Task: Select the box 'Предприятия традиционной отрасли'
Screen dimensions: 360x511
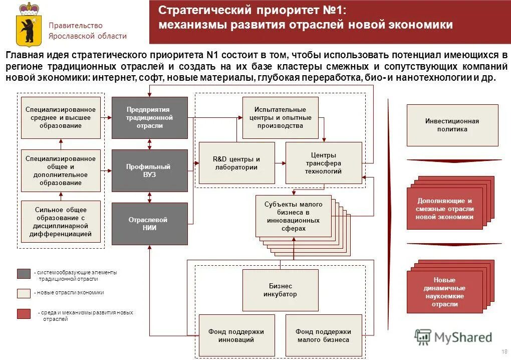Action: point(149,117)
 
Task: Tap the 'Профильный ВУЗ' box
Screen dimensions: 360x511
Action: point(149,170)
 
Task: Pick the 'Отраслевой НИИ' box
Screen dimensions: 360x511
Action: point(149,224)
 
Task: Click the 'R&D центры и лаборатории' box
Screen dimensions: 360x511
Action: point(236,163)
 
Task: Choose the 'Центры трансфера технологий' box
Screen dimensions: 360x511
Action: point(323,163)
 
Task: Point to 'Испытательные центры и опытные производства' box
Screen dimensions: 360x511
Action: point(280,117)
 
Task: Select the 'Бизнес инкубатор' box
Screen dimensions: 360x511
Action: point(280,290)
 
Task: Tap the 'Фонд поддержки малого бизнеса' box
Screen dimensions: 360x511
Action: point(323,335)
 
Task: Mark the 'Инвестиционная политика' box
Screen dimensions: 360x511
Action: point(452,125)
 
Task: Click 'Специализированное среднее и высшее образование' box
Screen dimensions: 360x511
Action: point(61,117)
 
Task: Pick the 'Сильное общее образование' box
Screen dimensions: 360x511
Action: point(61,222)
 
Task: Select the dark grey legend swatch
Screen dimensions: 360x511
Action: point(24,273)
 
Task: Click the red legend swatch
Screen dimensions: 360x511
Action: point(24,314)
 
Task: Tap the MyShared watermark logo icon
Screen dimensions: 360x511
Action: point(423,337)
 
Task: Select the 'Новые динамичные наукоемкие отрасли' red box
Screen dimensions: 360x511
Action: point(444,292)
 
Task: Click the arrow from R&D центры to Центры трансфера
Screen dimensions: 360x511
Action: point(280,163)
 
